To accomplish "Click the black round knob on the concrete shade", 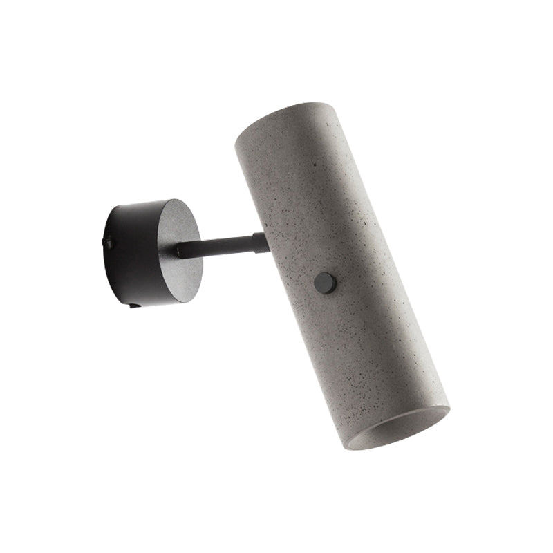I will pyautogui.click(x=324, y=282).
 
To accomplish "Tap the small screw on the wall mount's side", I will pyautogui.click(x=108, y=241).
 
